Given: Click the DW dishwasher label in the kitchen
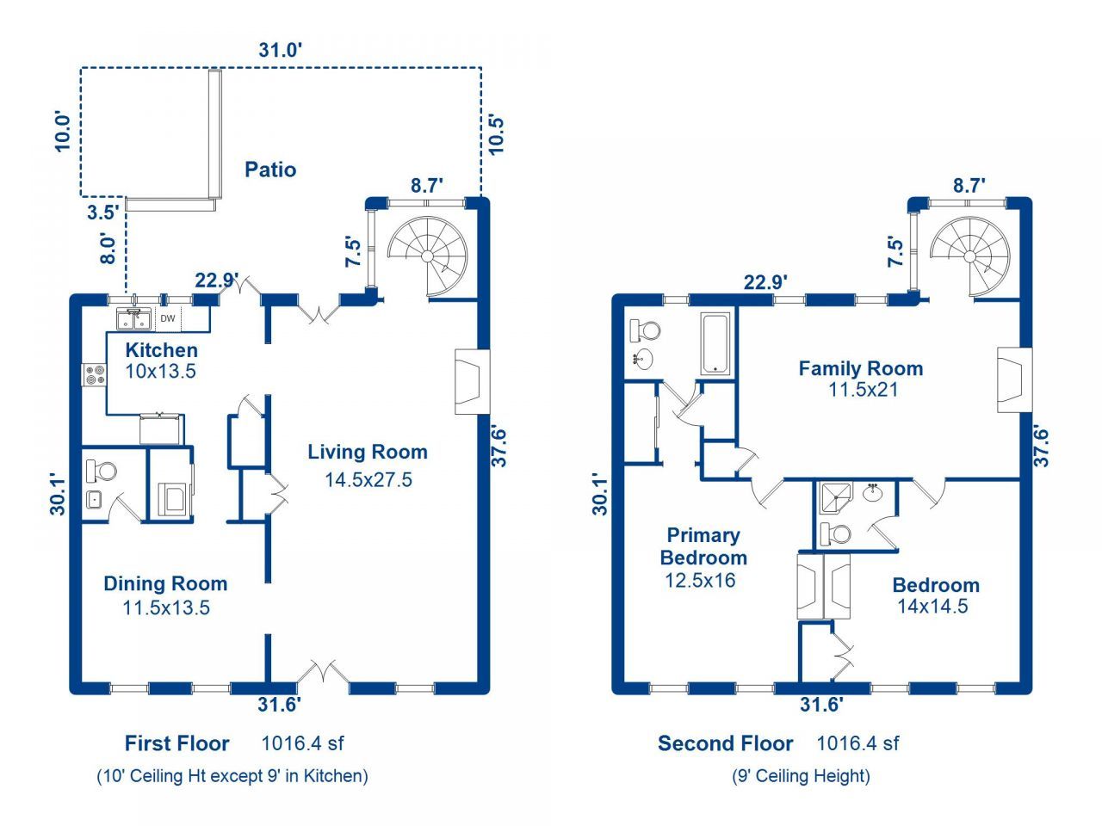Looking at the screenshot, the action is point(168,318).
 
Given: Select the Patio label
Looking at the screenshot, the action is point(270,170).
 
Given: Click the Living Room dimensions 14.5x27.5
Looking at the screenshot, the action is point(368,480).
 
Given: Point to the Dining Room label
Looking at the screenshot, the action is point(165,583).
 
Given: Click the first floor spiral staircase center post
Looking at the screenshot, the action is point(427,256).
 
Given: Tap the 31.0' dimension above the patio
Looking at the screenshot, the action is point(280,50).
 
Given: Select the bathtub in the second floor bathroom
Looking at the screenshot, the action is point(715,343).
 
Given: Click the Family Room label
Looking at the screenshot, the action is point(861,368).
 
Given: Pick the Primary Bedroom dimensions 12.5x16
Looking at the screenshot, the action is point(700,580).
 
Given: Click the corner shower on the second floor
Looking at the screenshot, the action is point(836,498).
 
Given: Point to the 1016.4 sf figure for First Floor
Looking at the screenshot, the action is point(302,743).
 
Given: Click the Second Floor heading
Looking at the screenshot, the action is point(726,743).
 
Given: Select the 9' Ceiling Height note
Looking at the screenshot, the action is point(802,776).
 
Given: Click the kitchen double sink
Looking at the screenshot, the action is point(133,319).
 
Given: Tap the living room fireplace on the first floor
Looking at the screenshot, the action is point(472,382).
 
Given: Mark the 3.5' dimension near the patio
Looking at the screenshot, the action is point(104,213).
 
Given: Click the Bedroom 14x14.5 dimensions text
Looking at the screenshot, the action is point(932,607).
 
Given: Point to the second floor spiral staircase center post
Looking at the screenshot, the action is point(970,256).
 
